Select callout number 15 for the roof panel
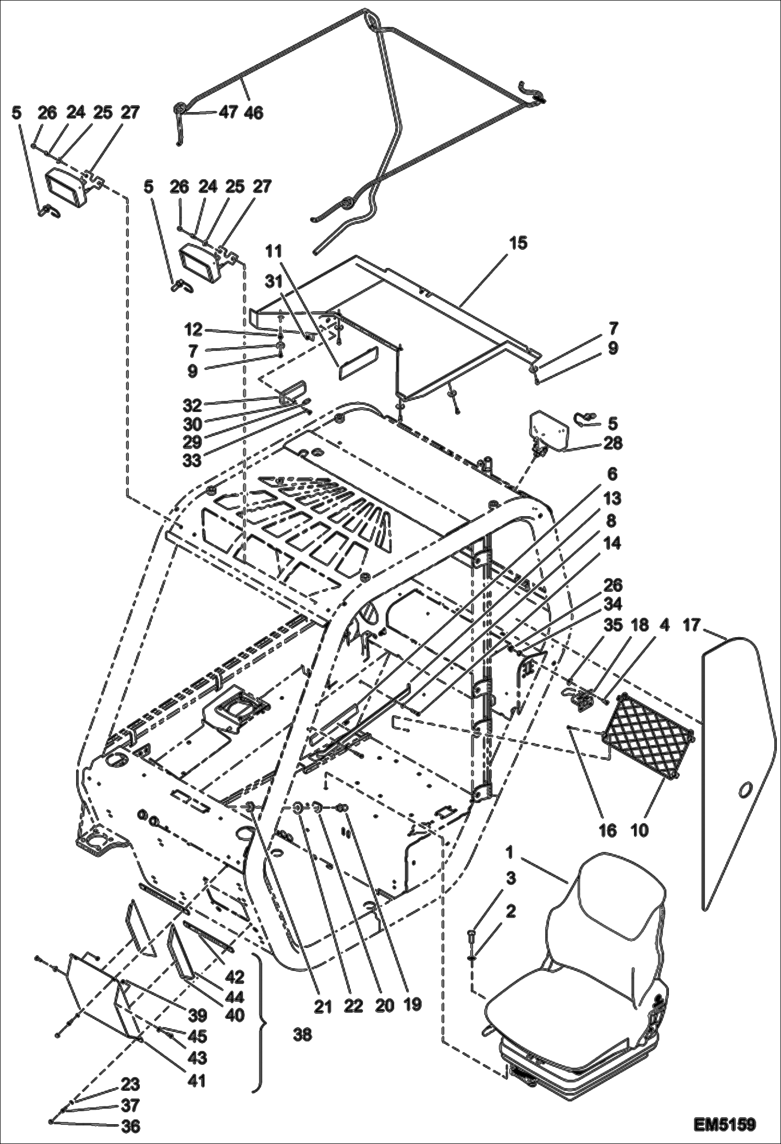click(519, 243)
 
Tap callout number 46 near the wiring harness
click(252, 112)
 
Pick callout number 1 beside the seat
click(509, 853)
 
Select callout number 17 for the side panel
click(691, 625)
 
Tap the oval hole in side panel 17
click(746, 790)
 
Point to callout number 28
click(613, 443)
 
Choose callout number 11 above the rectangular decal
click(274, 251)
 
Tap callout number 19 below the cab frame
click(412, 1005)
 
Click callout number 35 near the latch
click(613, 625)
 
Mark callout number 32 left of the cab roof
click(192, 404)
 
